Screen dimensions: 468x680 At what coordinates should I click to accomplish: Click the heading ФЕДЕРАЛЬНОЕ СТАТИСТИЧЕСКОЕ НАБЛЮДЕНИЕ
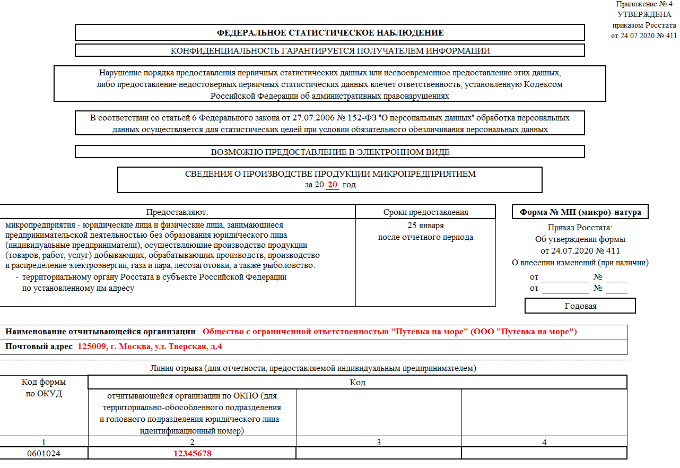[x=330, y=33]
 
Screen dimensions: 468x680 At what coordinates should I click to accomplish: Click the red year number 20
[x=333, y=185]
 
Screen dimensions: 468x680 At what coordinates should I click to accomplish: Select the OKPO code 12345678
[x=192, y=454]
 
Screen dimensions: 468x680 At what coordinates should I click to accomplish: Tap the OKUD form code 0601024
[x=44, y=454]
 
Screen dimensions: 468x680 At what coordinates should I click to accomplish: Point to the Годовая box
[x=580, y=306]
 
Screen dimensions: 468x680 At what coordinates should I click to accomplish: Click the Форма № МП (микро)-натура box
[x=580, y=212]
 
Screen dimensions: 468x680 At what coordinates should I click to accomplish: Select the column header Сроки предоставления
[x=425, y=212]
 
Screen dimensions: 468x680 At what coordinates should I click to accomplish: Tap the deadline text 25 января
[x=425, y=226]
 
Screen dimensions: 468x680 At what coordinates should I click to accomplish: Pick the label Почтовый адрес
[x=39, y=346]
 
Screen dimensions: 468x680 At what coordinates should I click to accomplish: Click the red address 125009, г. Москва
[x=150, y=346]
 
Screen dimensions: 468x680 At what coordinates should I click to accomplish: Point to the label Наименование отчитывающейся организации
[x=100, y=332]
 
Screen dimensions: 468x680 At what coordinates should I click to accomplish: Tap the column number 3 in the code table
[x=378, y=443]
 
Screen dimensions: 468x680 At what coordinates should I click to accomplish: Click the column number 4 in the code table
[x=544, y=443]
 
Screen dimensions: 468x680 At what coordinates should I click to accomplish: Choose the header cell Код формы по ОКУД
[x=44, y=388]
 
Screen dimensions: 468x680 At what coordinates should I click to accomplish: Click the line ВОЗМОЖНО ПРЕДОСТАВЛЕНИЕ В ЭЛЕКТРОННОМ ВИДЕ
[x=330, y=152]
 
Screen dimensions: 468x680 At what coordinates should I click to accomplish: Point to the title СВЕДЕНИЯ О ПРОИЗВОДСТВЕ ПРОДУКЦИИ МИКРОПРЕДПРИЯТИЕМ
[x=330, y=174]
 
